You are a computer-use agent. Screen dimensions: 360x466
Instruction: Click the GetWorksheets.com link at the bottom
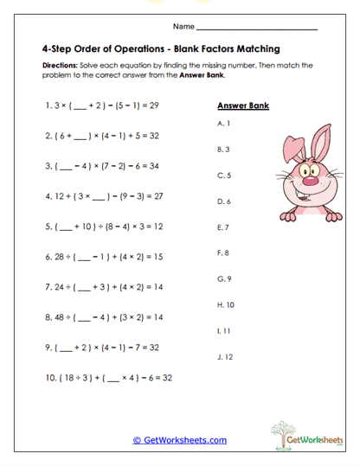[179, 440]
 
